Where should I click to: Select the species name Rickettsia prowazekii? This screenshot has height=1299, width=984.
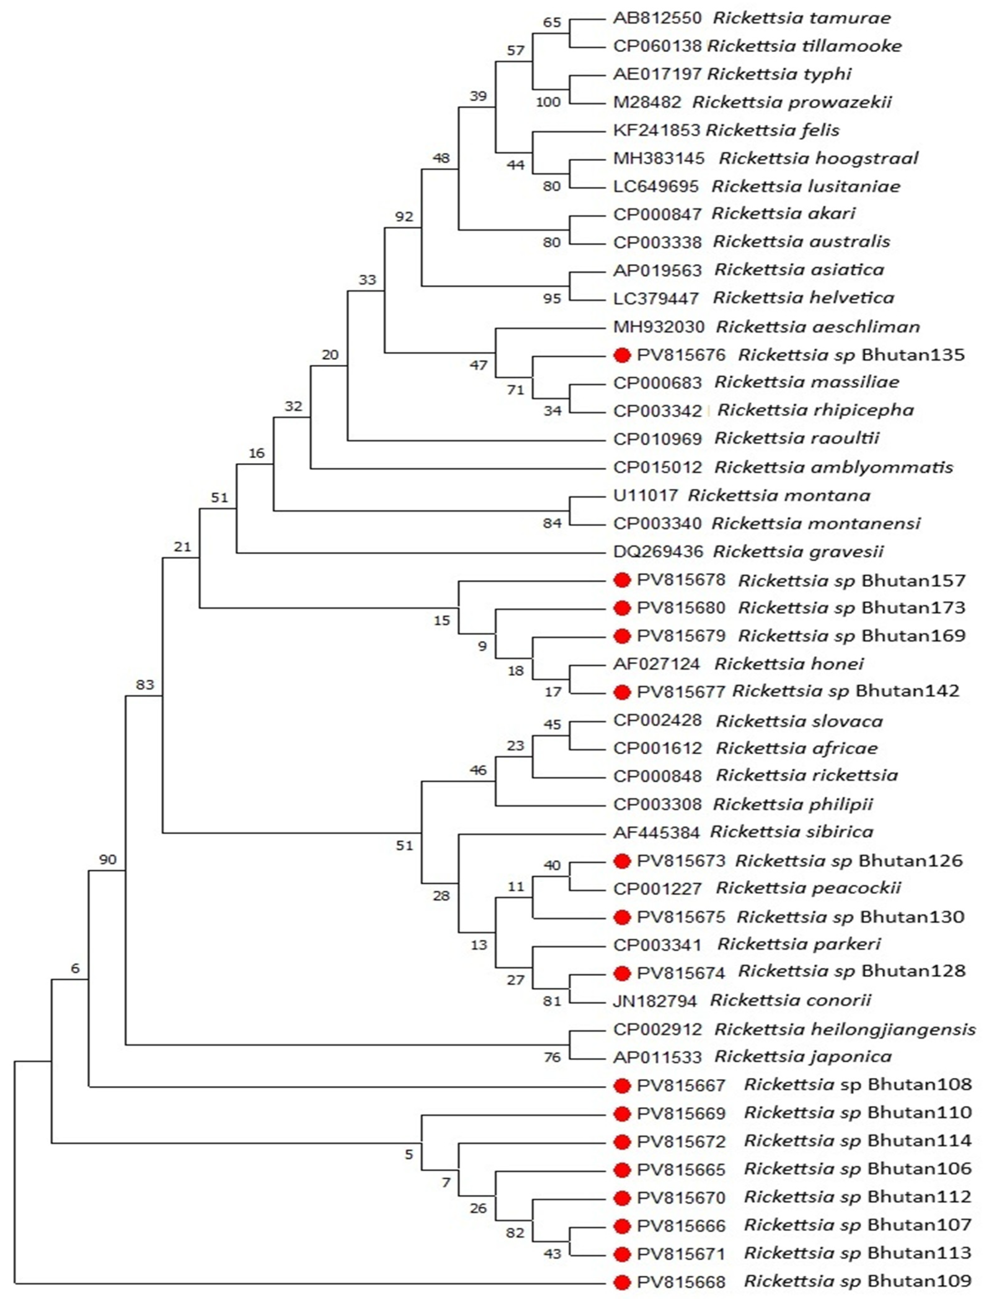click(x=792, y=102)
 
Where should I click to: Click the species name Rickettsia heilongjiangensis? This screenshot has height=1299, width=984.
click(x=845, y=1030)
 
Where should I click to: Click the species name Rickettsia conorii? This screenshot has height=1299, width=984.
click(x=790, y=1000)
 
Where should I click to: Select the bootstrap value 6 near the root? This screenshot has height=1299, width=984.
click(x=75, y=969)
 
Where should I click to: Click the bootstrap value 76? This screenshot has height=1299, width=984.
click(x=552, y=1057)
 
